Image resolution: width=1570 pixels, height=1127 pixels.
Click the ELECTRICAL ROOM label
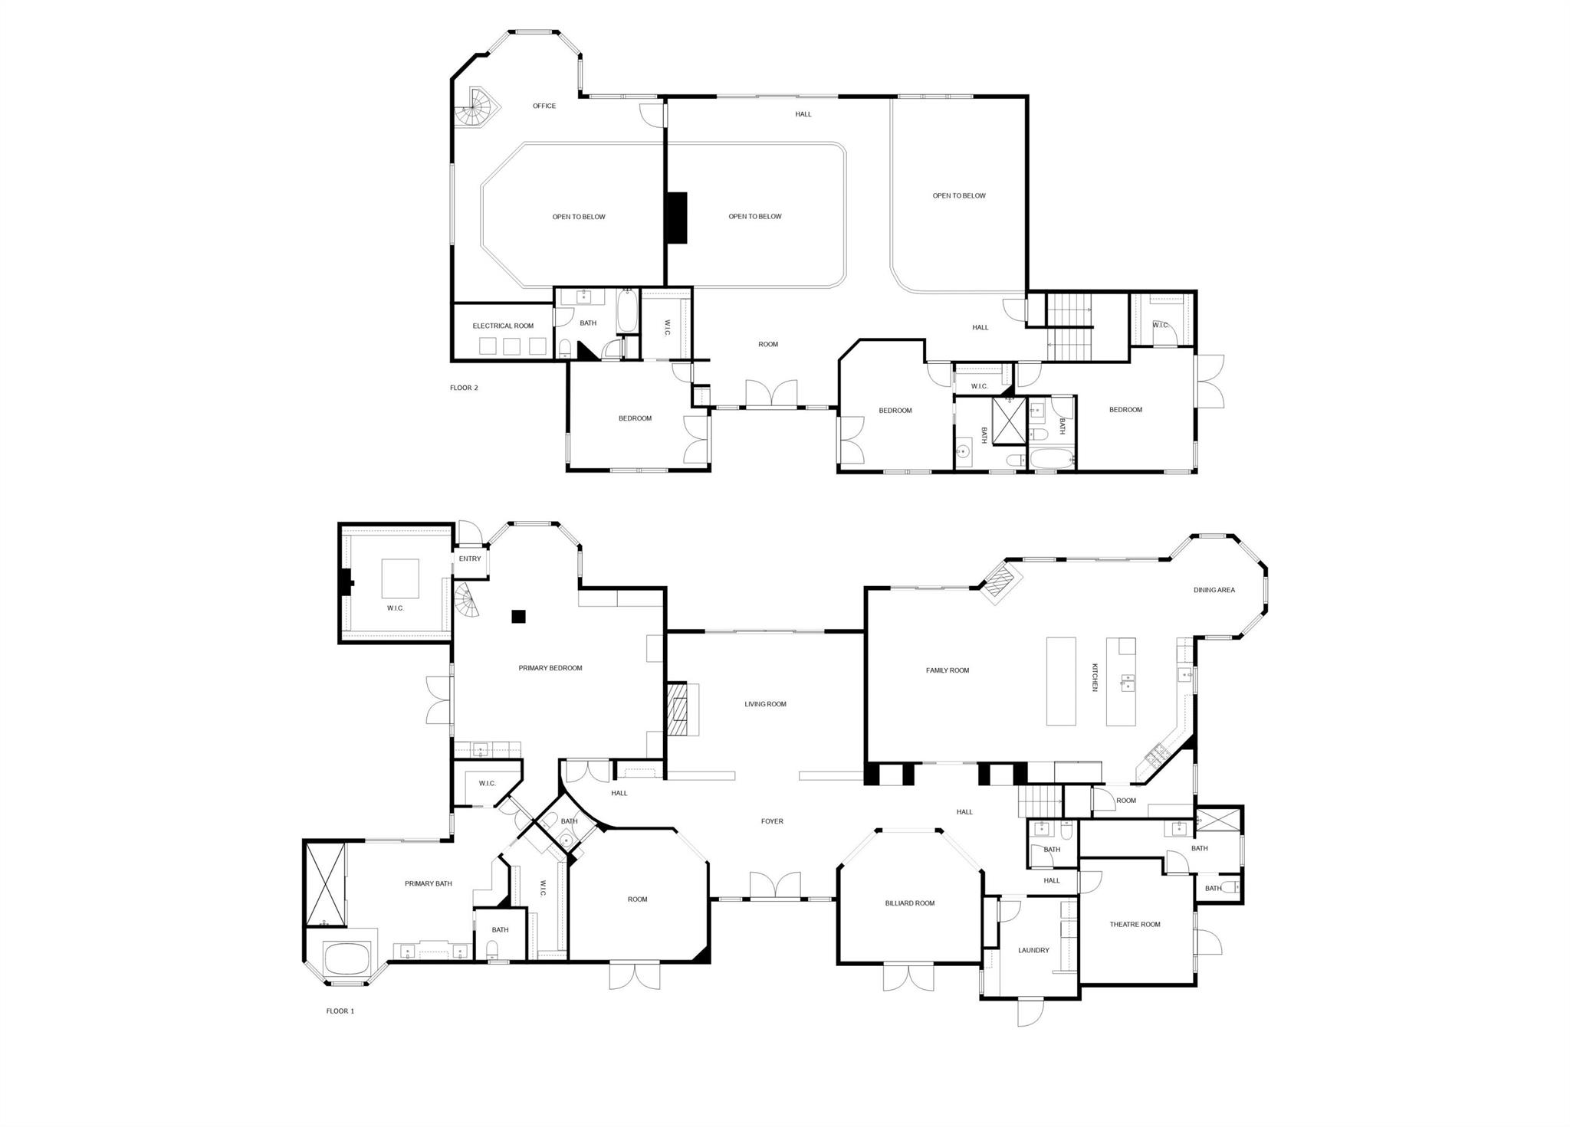click(503, 326)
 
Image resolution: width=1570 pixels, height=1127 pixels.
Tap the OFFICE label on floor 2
click(544, 106)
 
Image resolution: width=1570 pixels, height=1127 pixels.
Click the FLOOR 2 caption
click(464, 388)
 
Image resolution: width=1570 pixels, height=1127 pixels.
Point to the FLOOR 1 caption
click(340, 1011)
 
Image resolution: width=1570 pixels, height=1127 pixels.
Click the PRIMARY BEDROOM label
click(550, 668)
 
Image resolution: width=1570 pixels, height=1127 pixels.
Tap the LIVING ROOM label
click(765, 704)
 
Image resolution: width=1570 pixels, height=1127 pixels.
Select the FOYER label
click(772, 821)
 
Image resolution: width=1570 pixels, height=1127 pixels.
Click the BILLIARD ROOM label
click(910, 903)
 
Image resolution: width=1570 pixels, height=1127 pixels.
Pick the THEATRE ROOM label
click(1135, 924)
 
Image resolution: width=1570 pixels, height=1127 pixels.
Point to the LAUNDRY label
click(1033, 950)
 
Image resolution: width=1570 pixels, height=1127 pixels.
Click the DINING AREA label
click(1214, 590)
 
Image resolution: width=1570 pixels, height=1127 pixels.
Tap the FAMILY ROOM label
click(948, 670)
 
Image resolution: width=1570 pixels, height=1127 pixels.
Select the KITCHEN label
click(1095, 677)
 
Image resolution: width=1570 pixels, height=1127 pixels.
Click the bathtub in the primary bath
click(345, 958)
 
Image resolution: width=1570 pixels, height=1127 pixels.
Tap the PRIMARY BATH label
click(428, 883)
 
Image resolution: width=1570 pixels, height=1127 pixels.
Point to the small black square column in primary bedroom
click(519, 616)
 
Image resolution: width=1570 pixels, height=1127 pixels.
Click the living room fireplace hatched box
click(676, 709)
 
